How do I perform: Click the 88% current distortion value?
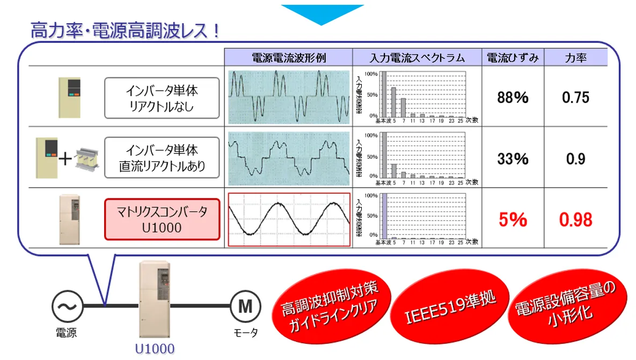(513, 97)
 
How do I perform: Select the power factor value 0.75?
(575, 97)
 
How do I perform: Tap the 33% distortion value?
(513, 159)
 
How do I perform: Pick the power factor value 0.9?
(575, 159)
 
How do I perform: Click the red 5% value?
(513, 219)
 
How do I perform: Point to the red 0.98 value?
(575, 219)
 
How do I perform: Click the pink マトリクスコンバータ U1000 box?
(162, 219)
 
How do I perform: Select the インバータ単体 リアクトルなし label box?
(162, 98)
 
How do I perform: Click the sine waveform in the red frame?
(289, 219)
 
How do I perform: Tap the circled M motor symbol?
(245, 307)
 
